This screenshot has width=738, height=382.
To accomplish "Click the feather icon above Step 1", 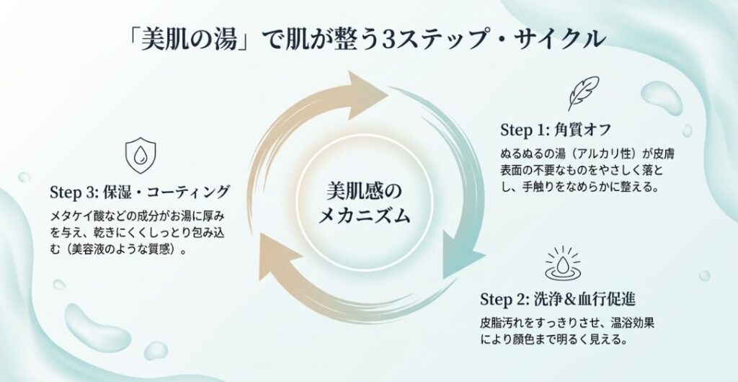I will tap(582, 93).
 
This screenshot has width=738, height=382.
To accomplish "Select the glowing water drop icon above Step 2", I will tap(559, 263).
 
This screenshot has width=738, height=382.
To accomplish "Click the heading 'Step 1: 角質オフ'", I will tap(556, 130).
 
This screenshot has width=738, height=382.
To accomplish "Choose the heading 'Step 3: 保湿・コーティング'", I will tap(140, 192).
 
